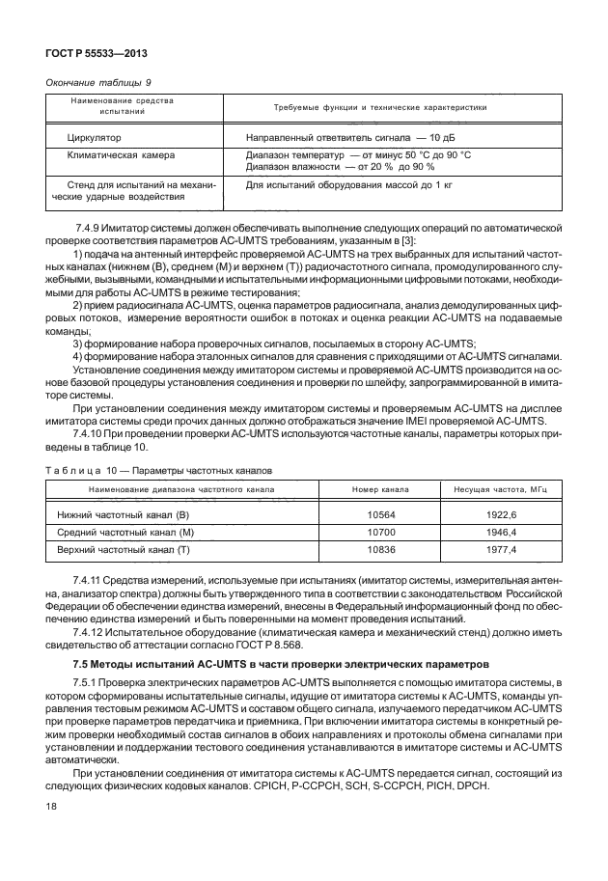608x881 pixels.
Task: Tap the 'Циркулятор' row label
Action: (94, 138)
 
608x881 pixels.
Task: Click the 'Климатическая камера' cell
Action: (115, 154)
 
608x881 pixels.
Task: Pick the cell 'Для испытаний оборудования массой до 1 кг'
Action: (349, 183)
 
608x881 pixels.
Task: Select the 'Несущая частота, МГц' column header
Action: (493, 490)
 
